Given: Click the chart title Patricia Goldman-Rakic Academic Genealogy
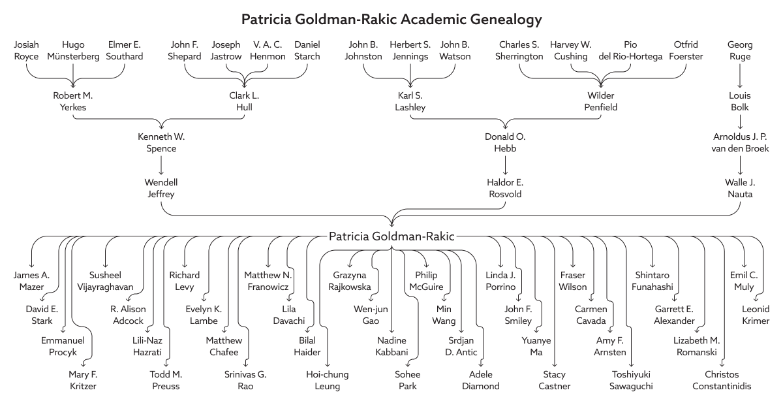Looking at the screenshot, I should click(391, 20).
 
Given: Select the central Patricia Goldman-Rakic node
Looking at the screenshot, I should click(391, 236).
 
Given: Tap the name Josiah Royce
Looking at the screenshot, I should click(27, 50).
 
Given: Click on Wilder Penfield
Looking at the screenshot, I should click(600, 101).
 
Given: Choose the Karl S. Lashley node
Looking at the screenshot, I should click(411, 101).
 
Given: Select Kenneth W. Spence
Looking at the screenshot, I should click(161, 143).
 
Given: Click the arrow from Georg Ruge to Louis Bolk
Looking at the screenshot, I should click(739, 76).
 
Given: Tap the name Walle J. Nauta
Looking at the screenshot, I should click(739, 189).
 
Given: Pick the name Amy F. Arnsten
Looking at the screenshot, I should click(611, 346).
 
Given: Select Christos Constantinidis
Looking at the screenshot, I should click(728, 380).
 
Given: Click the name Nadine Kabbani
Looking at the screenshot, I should click(392, 346).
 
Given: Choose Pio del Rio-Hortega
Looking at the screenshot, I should click(630, 50).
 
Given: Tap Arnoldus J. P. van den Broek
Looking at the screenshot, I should click(739, 143).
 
